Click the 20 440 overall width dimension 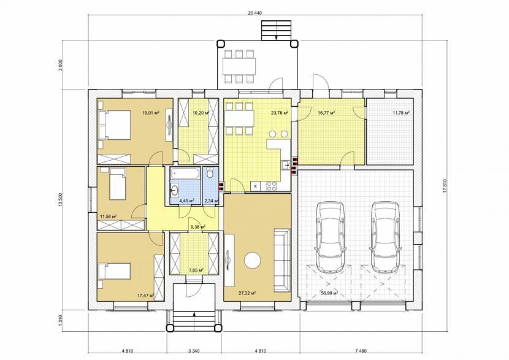point(255,13)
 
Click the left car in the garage point(331,237)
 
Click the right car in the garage point(385,237)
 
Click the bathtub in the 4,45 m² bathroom point(185,174)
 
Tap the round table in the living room point(253,261)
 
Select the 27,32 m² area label point(247,293)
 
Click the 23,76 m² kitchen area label point(280,113)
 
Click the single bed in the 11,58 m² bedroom point(118,184)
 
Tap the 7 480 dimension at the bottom point(362,351)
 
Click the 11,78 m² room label point(401,113)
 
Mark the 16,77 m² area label point(326,113)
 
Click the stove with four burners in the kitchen point(272,186)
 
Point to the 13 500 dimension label point(60,201)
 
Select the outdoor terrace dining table point(239,66)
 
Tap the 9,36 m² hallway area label point(197,226)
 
